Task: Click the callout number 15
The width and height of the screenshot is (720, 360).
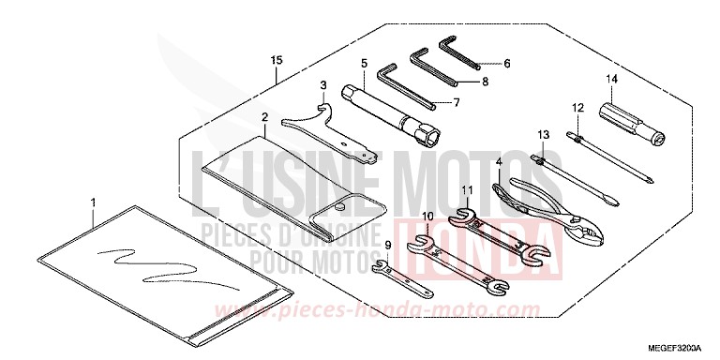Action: (276, 61)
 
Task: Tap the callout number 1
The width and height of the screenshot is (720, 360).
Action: (94, 202)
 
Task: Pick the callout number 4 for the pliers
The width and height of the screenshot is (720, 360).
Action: (500, 162)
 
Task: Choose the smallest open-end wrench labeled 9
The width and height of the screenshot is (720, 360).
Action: (397, 274)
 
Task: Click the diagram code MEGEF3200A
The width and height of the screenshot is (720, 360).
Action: (672, 346)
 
